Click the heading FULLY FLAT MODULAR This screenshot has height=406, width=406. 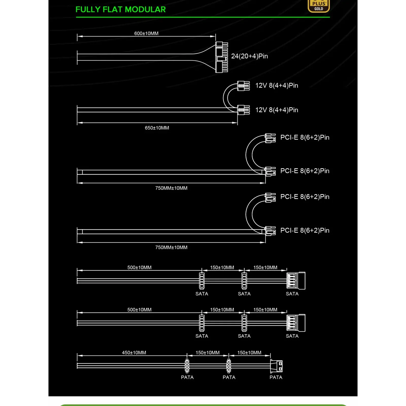tap(121, 10)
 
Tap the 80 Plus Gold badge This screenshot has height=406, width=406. tap(318, 6)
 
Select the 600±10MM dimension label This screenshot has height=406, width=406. tap(146, 33)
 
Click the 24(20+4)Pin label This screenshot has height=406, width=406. tap(249, 56)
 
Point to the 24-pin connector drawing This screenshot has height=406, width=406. tap(222, 57)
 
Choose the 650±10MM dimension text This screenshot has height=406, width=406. tap(157, 128)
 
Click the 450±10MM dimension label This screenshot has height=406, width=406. tap(134, 353)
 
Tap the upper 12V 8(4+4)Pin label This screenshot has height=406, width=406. tap(277, 86)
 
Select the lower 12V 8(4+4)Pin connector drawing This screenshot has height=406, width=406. tap(243, 110)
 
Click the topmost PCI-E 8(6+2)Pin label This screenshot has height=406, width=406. tap(305, 138)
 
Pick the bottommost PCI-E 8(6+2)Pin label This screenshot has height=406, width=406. tap(305, 230)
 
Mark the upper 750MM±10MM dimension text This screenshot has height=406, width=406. tap(171, 188)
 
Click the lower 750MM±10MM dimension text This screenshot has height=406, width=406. tap(171, 247)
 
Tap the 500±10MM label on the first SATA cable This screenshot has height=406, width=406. tap(139, 267)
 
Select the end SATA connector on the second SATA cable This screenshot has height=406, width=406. tap(296, 323)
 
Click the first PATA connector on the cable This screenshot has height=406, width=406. tap(187, 366)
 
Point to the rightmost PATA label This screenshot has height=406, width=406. tap(276, 377)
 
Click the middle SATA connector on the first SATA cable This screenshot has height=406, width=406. tap(244, 281)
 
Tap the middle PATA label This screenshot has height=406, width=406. tap(229, 377)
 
